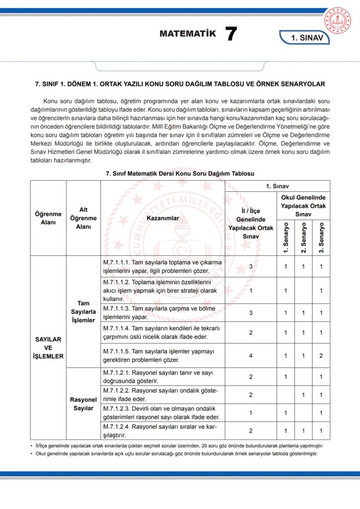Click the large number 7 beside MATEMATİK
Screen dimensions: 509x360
pos(231,34)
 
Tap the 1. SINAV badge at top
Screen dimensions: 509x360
pos(307,38)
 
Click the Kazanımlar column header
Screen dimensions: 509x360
pos(163,218)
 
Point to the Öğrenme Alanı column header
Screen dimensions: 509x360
pos(48,218)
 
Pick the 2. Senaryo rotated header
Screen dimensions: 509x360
pos(303,237)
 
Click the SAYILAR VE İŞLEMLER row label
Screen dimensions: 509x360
pos(48,348)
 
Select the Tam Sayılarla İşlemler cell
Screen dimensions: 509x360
pos(83,312)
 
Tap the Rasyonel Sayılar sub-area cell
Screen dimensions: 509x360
pos(83,404)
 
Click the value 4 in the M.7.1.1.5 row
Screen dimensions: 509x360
pos(251,356)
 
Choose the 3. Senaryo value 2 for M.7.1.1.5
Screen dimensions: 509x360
pos(321,356)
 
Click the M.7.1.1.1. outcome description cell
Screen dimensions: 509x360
pos(163,266)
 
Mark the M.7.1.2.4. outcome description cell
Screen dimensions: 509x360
pos(163,430)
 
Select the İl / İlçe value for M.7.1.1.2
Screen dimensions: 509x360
pos(251,290)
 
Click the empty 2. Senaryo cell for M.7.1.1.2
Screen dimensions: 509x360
pos(303,290)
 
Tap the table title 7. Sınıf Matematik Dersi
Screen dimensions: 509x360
pos(180,173)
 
